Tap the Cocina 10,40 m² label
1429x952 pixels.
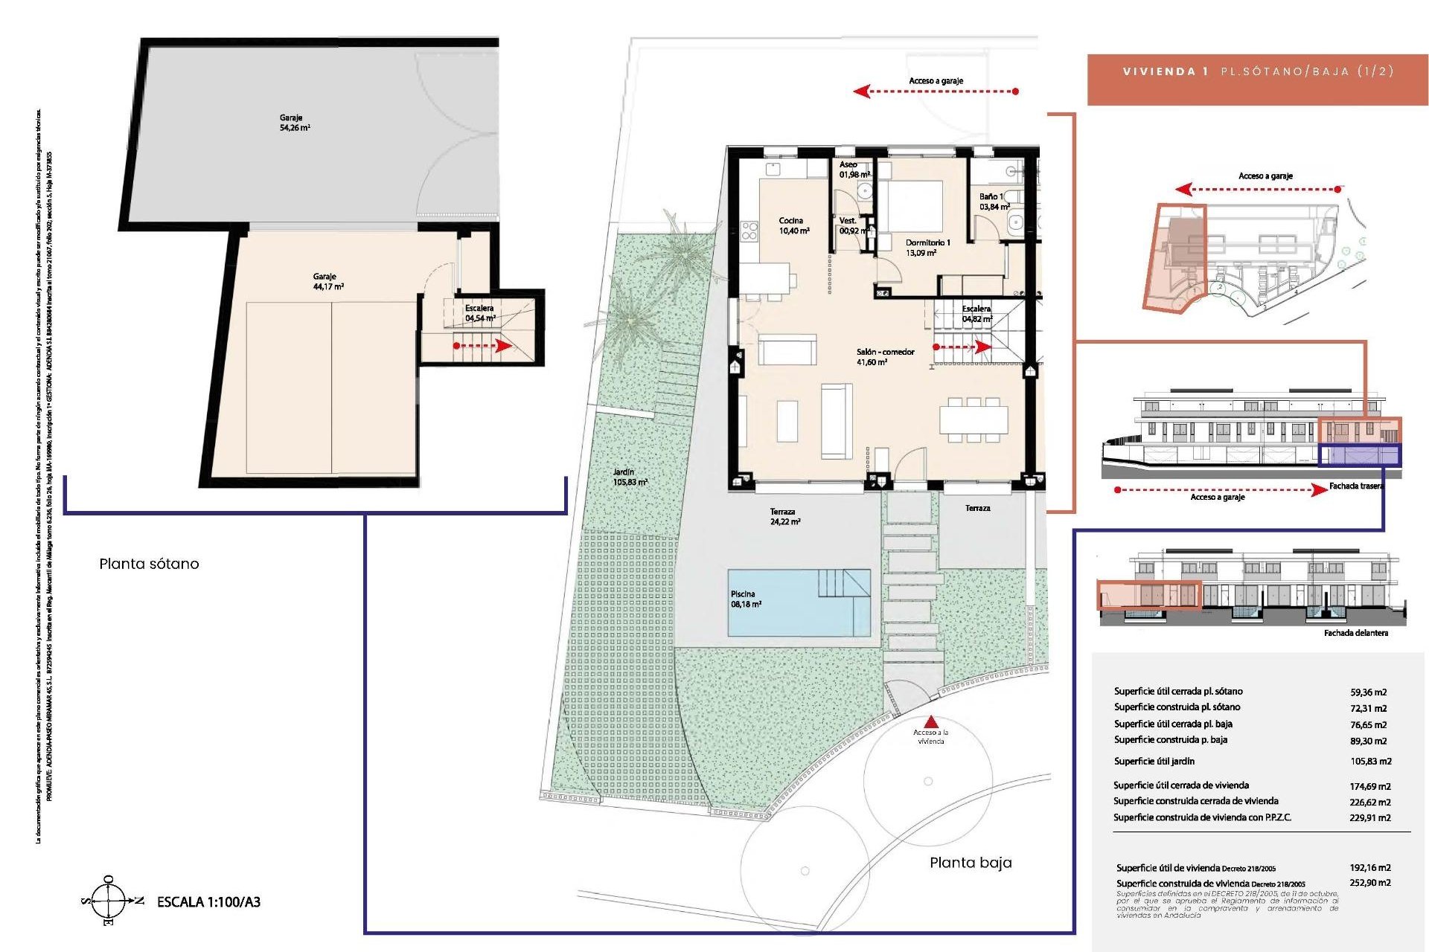[x=793, y=225]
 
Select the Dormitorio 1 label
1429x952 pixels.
[x=927, y=247]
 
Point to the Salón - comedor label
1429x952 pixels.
[x=884, y=356]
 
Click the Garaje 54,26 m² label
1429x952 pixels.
[x=295, y=123]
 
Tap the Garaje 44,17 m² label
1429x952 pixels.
[x=327, y=281]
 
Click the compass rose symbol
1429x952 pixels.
[x=109, y=901]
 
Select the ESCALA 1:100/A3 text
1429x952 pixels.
[x=208, y=902]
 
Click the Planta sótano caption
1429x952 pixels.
[x=149, y=564]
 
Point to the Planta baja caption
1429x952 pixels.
[x=970, y=863]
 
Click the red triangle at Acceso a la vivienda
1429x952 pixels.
[x=930, y=721]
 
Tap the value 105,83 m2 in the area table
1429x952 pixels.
[x=1370, y=762]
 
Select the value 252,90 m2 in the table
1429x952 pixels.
[x=1369, y=883]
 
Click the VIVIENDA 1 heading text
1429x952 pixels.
[x=1165, y=72]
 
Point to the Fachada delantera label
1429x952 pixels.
[x=1355, y=633]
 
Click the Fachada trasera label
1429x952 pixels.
[x=1356, y=486]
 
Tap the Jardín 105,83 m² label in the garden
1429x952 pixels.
[x=630, y=477]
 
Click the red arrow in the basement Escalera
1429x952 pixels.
[x=483, y=346]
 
